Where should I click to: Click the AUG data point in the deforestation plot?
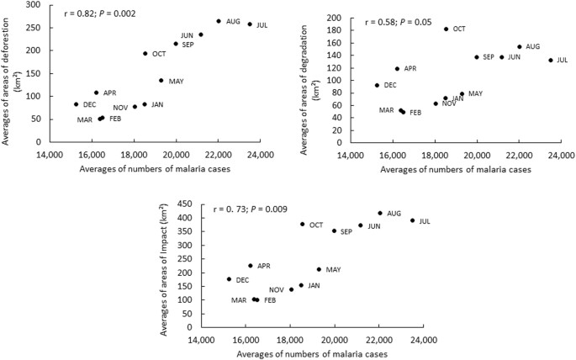[219, 21]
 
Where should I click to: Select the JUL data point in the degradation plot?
[551, 60]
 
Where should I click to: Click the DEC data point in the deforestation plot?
[76, 104]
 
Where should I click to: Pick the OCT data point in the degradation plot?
[446, 29]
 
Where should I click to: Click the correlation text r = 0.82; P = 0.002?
[98, 14]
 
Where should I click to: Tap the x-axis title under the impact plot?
[311, 354]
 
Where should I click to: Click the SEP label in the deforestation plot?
[188, 45]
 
